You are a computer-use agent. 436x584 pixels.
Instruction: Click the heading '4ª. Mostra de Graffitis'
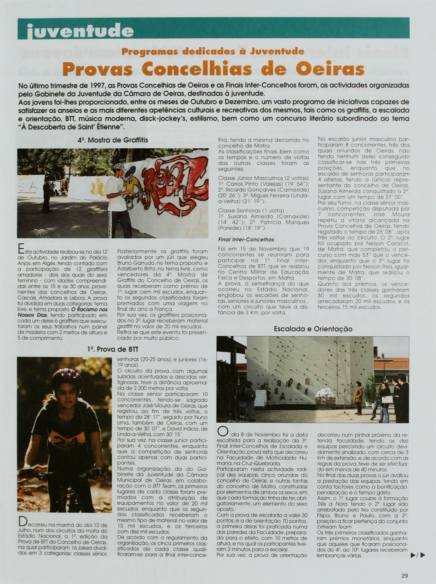coord(113,140)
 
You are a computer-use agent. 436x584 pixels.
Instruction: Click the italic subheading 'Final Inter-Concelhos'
coord(242,240)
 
